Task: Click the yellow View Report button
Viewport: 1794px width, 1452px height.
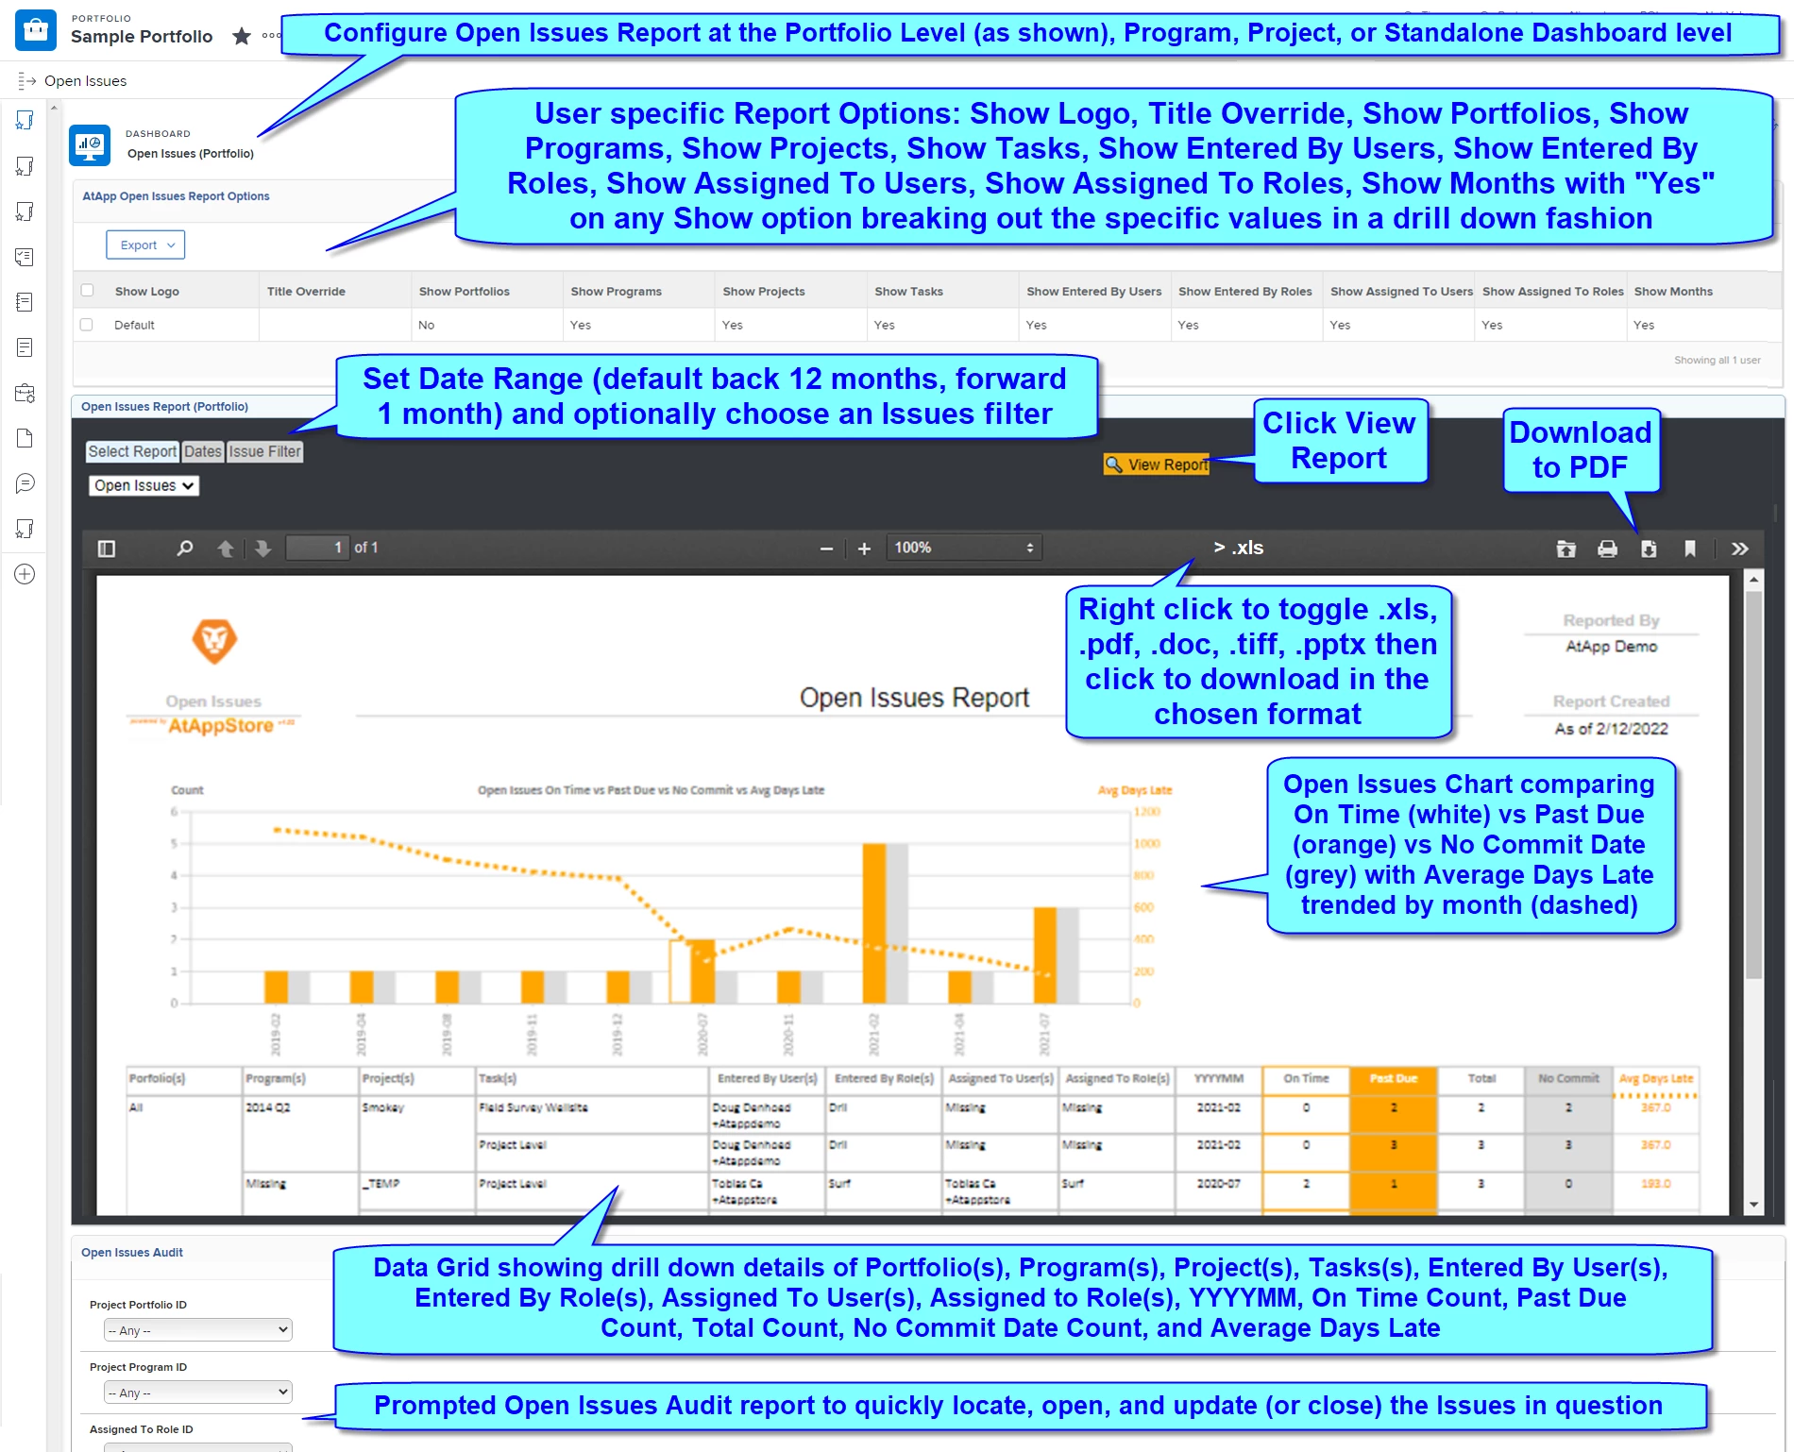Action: pyautogui.click(x=1157, y=464)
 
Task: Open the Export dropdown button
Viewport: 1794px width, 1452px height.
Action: pyautogui.click(x=145, y=245)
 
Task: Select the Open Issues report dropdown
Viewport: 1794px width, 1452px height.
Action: pyautogui.click(x=144, y=485)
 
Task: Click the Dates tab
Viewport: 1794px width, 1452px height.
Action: pyautogui.click(x=202, y=451)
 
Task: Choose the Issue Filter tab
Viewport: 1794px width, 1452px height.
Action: pyautogui.click(x=264, y=451)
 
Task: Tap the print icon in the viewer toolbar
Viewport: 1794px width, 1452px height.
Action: pyautogui.click(x=1607, y=549)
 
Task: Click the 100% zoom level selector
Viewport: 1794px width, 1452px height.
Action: pyautogui.click(x=963, y=548)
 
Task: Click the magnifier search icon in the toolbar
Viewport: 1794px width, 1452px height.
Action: pyautogui.click(x=185, y=549)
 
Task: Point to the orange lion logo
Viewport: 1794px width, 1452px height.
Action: pyautogui.click(x=214, y=641)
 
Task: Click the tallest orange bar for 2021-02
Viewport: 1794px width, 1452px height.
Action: pyautogui.click(x=873, y=922)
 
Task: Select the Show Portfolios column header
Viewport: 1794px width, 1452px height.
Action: pyautogui.click(x=464, y=292)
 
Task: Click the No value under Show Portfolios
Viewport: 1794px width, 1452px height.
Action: pyautogui.click(x=427, y=325)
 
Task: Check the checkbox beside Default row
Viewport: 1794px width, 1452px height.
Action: pyautogui.click(x=87, y=325)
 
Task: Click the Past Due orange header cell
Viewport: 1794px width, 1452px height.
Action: pyautogui.click(x=1393, y=1078)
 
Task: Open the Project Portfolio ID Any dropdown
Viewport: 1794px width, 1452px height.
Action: pyautogui.click(x=197, y=1330)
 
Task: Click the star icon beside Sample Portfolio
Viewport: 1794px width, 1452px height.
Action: pyautogui.click(x=242, y=37)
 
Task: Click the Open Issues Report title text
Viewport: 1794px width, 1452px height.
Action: pyautogui.click(x=913, y=698)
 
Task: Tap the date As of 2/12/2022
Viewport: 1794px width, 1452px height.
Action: pyautogui.click(x=1611, y=729)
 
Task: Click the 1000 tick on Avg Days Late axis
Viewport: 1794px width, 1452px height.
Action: pyautogui.click(x=1146, y=844)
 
